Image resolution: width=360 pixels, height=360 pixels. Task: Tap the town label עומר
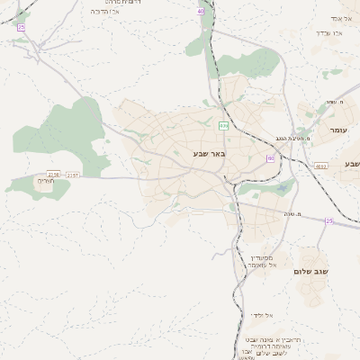point(338,131)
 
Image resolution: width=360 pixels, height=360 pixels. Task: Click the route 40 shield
point(200,12)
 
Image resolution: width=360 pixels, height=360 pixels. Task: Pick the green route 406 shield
point(222,126)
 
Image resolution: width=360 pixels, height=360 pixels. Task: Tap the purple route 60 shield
point(269,158)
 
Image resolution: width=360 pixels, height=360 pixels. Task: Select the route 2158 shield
point(53,175)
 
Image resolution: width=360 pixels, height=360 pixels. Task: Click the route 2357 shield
point(73,175)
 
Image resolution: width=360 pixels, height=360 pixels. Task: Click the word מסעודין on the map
point(260,257)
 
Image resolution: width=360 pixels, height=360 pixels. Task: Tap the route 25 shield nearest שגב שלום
point(329,220)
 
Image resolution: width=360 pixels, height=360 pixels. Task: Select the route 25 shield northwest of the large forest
point(21,28)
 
